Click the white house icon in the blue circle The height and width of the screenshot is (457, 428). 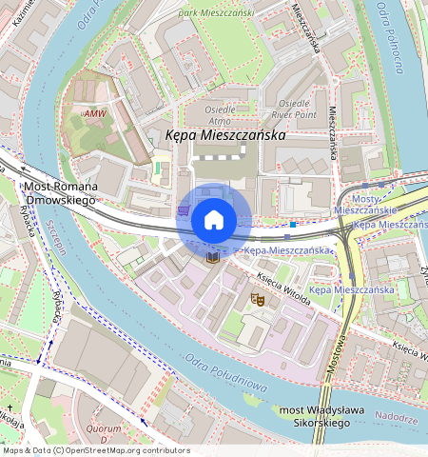tap(214, 221)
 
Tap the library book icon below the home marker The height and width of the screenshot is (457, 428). tap(212, 257)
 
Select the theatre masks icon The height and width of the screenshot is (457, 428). tap(256, 299)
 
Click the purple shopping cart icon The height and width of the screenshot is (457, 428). tap(184, 209)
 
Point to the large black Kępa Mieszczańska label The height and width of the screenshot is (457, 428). tap(225, 136)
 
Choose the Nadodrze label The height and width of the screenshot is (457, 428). tap(396, 417)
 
